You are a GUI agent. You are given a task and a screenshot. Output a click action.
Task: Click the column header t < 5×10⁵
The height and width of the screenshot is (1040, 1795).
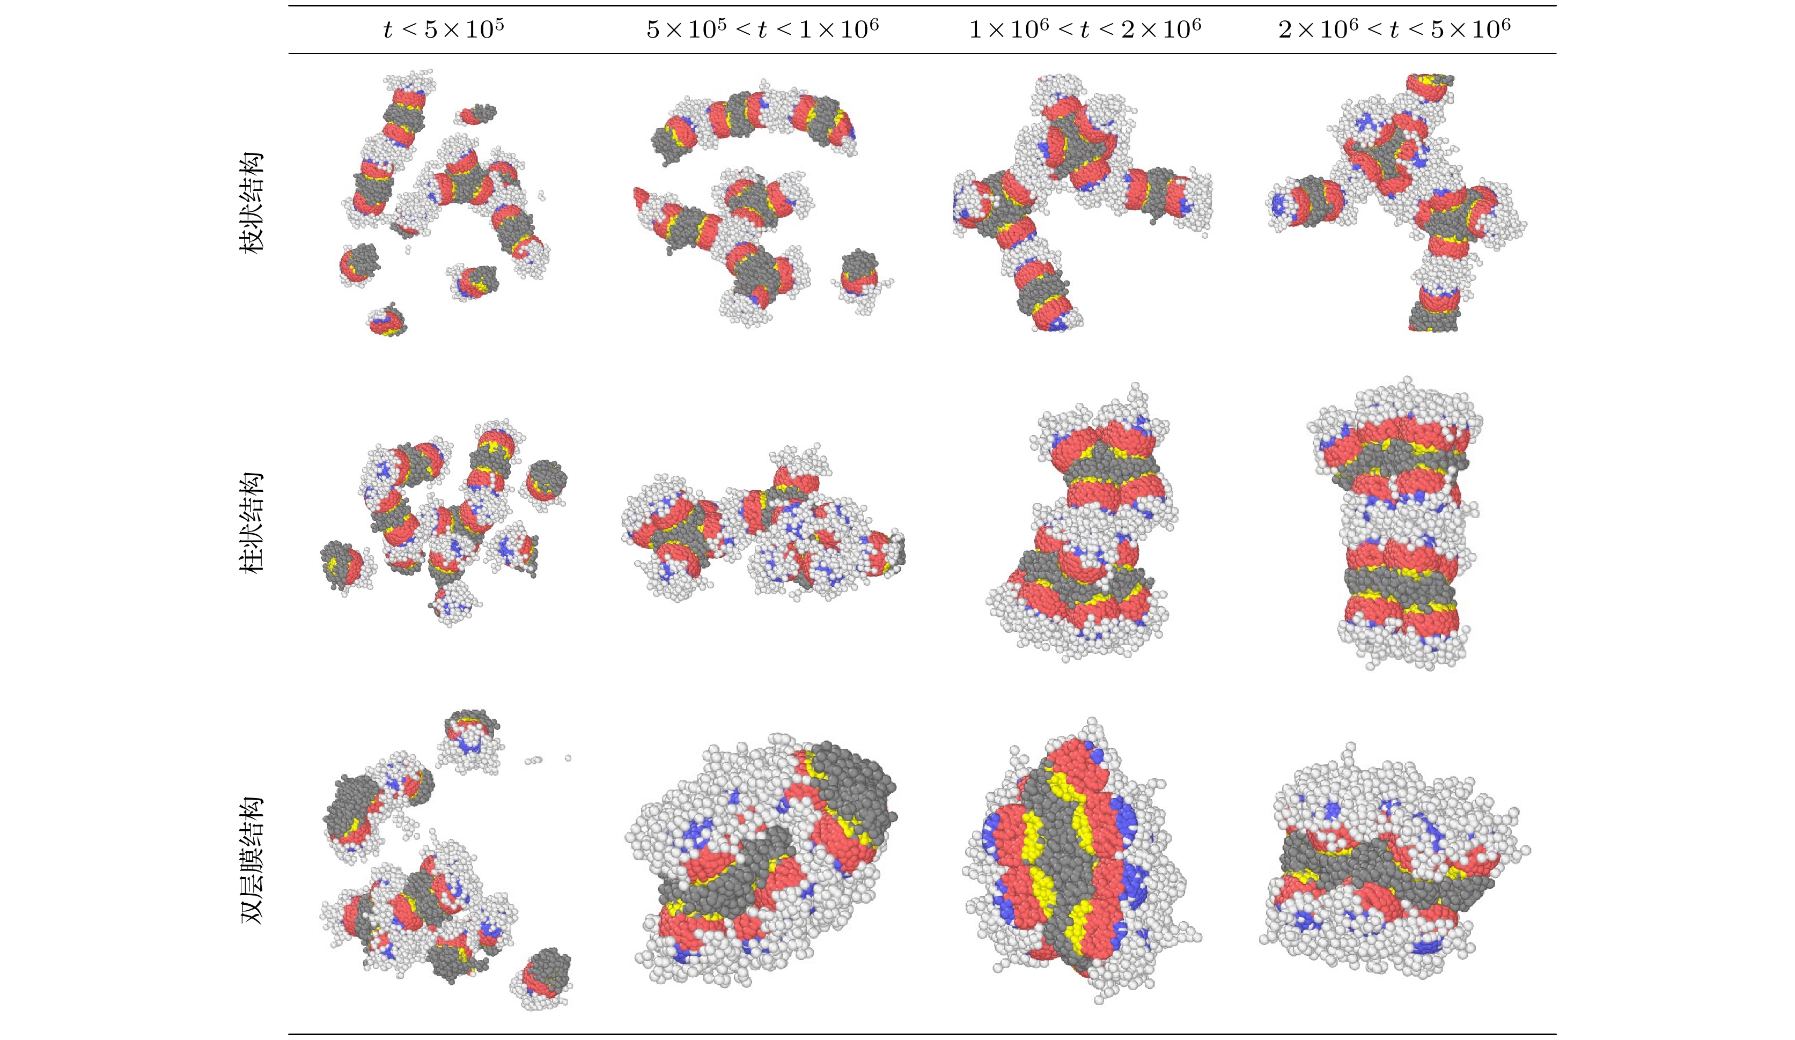[x=443, y=29]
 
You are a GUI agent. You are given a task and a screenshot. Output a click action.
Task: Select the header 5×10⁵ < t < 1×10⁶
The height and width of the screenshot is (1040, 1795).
[x=762, y=29]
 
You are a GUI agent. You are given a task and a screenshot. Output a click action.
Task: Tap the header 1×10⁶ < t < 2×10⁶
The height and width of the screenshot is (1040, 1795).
[x=1084, y=29]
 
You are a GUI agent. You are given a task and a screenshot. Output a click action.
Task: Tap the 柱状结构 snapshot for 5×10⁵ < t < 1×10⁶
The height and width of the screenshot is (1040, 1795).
[x=762, y=527]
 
